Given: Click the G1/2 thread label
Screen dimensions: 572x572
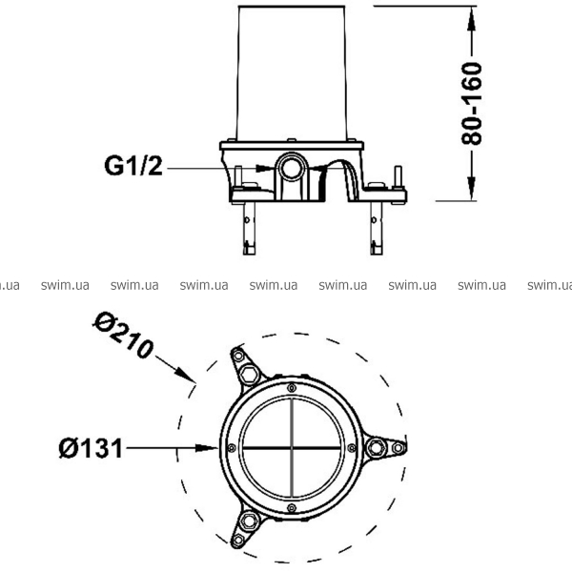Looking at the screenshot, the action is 133,166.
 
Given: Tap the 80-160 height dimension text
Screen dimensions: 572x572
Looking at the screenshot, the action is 472,104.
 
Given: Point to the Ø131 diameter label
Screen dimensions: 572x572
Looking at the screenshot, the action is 91,448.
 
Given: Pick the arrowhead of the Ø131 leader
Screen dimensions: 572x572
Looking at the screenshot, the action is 207,448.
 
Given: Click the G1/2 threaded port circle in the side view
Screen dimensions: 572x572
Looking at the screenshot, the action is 292,168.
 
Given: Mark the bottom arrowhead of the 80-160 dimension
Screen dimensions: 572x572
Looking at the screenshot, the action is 472,188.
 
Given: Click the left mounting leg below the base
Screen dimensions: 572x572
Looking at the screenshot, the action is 249,229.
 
